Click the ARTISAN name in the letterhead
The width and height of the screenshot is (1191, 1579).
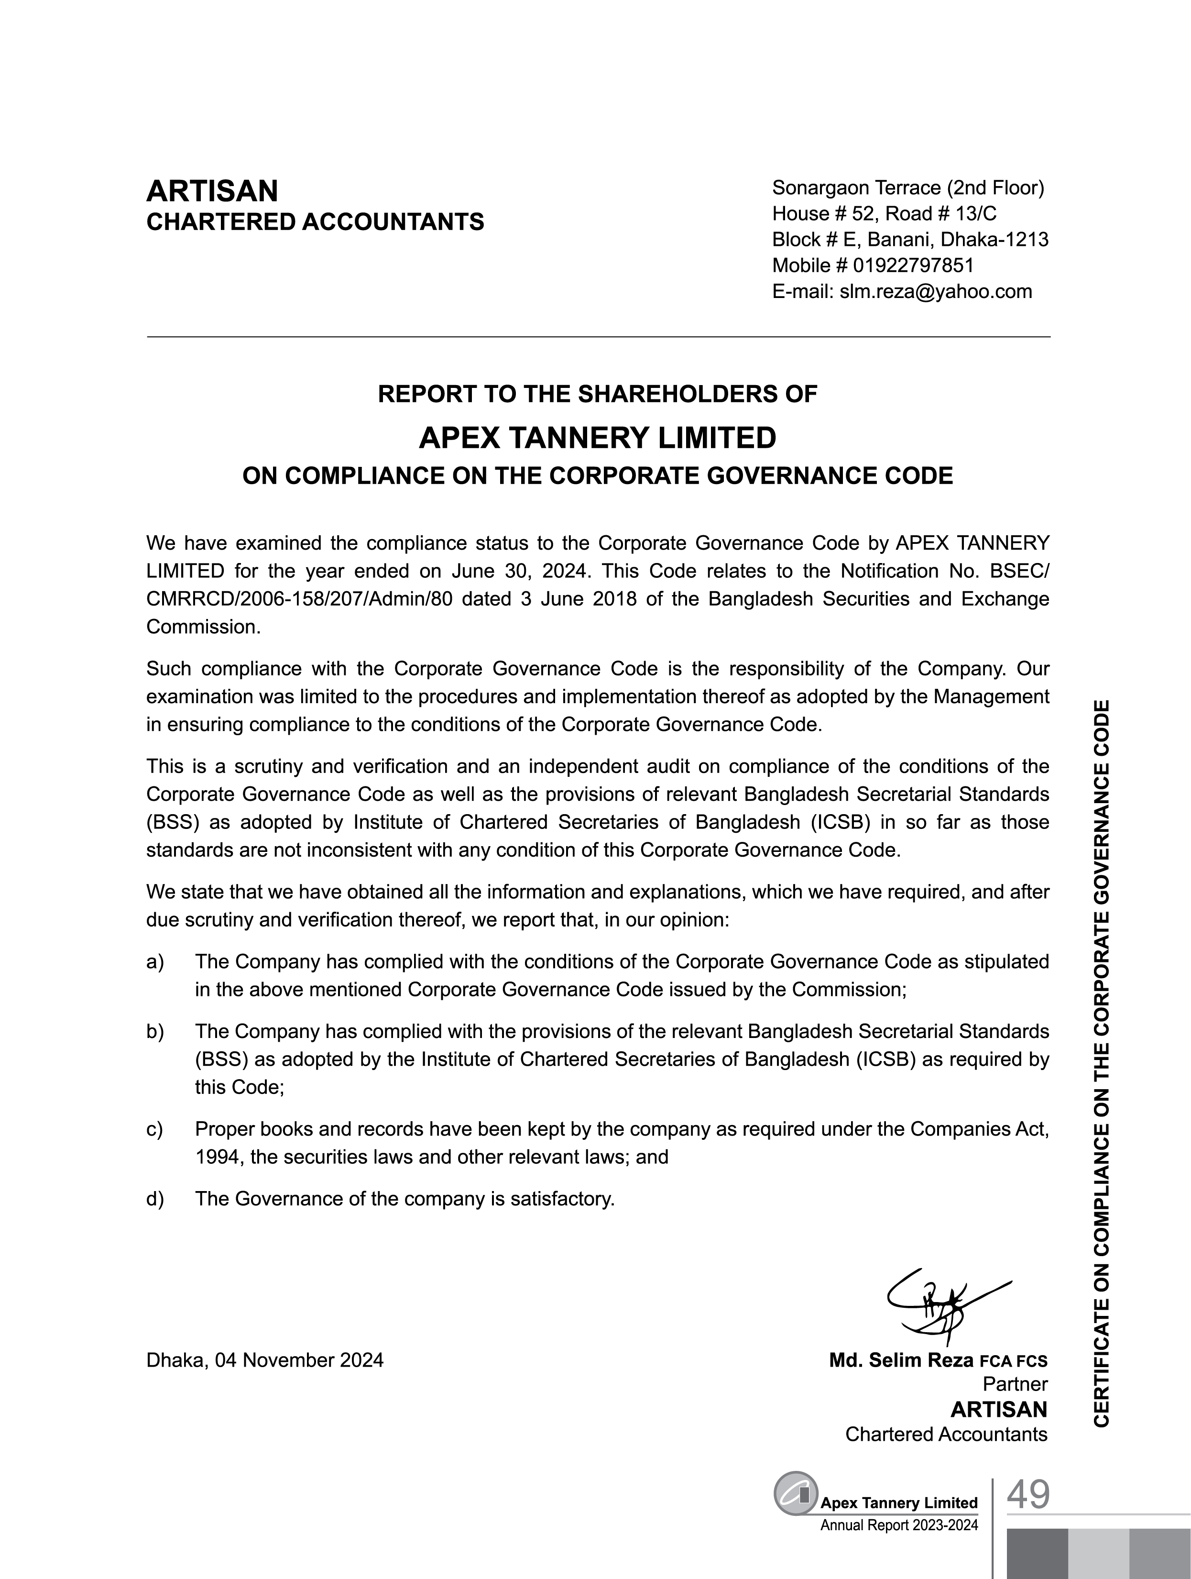[212, 191]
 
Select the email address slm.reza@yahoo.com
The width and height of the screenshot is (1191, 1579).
[936, 291]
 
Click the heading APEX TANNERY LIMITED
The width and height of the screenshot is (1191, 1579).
[597, 438]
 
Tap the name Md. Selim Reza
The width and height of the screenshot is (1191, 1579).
[901, 1360]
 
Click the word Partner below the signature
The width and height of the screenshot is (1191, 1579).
[1015, 1384]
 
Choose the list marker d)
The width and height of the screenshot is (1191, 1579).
[155, 1199]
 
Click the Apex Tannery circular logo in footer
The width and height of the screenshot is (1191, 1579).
[796, 1492]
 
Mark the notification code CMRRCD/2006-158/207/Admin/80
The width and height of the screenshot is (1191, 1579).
[299, 599]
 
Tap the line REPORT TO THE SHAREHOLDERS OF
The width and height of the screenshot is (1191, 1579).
[597, 394]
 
